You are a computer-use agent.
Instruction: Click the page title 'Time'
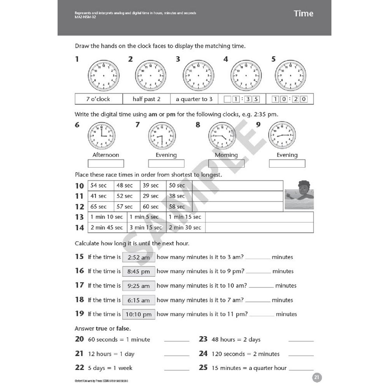click(x=303, y=14)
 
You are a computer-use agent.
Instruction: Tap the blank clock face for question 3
click(x=198, y=75)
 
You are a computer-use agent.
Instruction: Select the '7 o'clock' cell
click(x=98, y=99)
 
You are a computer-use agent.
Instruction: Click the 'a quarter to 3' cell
click(x=194, y=99)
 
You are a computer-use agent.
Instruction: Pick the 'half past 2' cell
click(x=146, y=99)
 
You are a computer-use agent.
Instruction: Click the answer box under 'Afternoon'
click(x=106, y=163)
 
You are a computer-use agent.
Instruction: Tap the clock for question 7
click(x=162, y=136)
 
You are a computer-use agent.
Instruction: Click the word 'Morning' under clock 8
click(x=226, y=155)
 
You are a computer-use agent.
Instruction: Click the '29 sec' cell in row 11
click(x=151, y=196)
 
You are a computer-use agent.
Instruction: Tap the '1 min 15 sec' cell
click(x=185, y=217)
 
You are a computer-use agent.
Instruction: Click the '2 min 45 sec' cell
click(x=107, y=227)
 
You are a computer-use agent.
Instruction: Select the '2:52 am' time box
click(x=138, y=257)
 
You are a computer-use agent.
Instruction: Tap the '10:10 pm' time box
click(x=138, y=314)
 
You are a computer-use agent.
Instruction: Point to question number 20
click(x=79, y=339)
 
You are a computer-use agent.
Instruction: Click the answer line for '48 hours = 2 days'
click(x=301, y=341)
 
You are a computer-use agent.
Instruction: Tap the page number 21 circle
click(x=317, y=377)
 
